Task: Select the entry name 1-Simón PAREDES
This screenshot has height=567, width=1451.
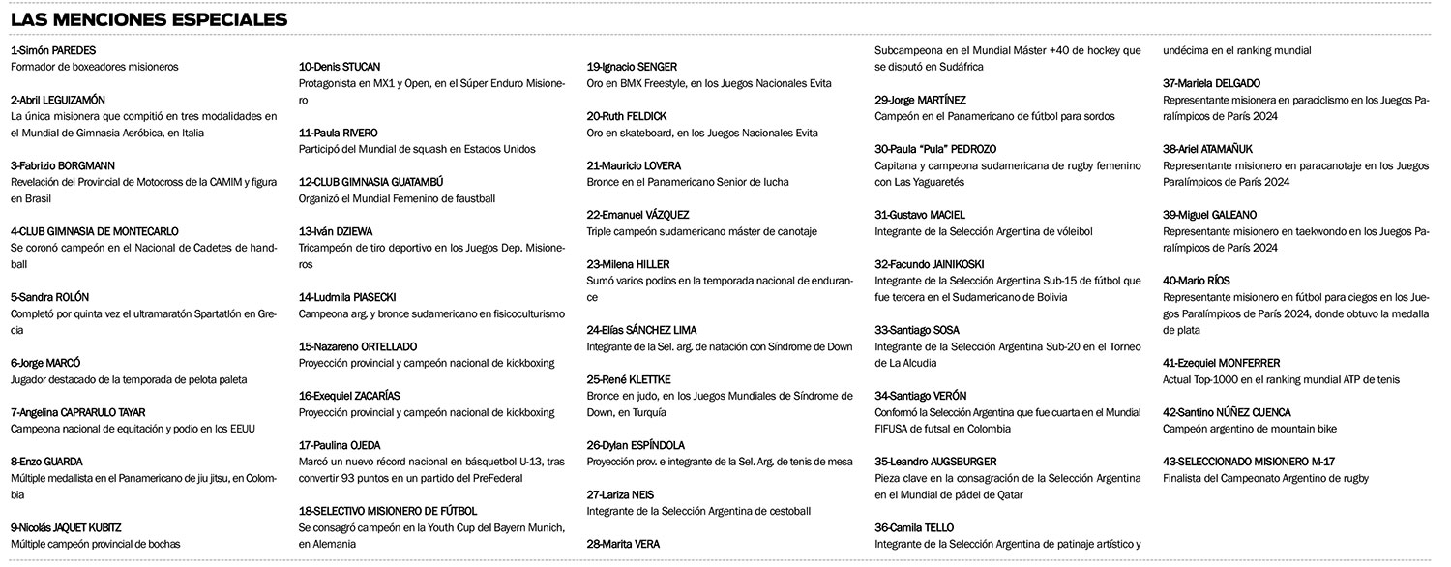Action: click(53, 49)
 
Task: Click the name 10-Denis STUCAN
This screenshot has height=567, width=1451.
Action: click(340, 67)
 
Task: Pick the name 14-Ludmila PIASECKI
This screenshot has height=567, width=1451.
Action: click(347, 297)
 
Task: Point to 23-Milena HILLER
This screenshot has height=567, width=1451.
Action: click(628, 264)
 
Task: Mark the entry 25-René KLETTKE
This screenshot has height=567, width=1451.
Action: click(629, 379)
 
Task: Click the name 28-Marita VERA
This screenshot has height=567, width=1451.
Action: click(623, 544)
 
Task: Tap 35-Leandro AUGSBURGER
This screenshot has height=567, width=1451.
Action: click(935, 462)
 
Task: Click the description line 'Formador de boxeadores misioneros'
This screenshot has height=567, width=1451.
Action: click(94, 67)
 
